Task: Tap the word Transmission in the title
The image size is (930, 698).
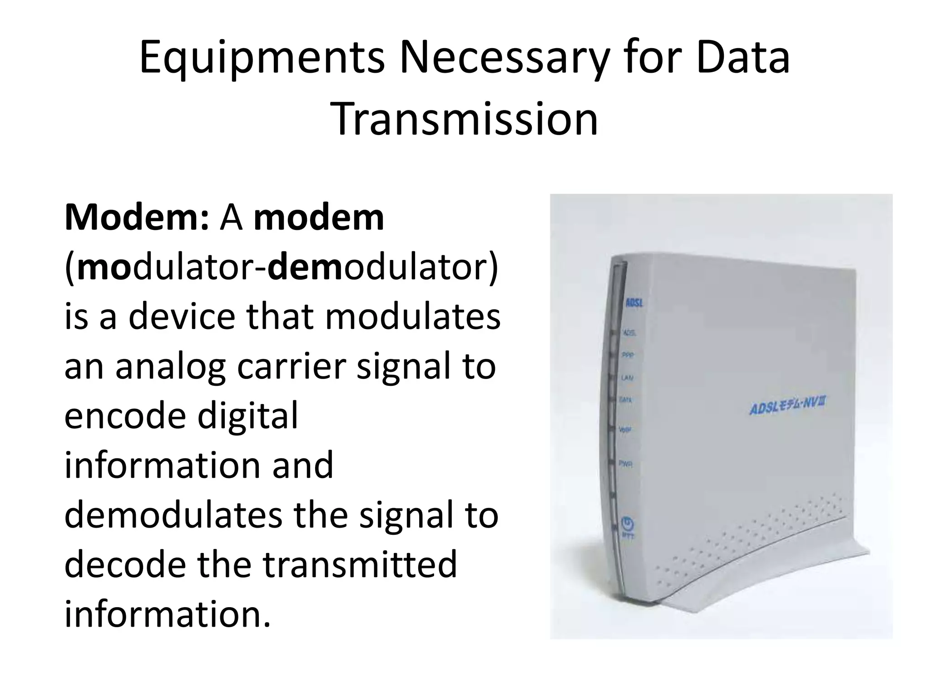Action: pyautogui.click(x=466, y=119)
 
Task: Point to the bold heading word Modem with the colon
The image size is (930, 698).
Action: pyautogui.click(x=137, y=218)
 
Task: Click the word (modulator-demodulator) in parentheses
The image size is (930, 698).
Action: pyautogui.click(x=282, y=268)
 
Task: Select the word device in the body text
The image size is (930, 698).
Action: pyautogui.click(x=182, y=317)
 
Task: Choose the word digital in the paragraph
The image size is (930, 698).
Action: pyautogui.click(x=248, y=416)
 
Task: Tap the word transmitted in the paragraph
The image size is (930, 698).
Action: pyautogui.click(x=360, y=564)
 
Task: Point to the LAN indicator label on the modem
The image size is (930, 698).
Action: pyautogui.click(x=627, y=378)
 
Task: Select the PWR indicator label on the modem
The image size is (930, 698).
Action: pyautogui.click(x=626, y=464)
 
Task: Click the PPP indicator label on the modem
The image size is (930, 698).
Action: pyautogui.click(x=628, y=356)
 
